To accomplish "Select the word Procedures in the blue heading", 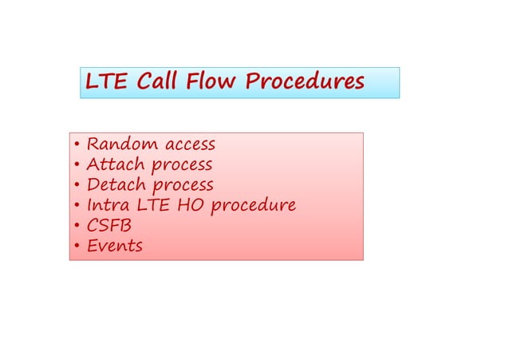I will tap(305, 82).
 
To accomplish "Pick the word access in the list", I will tap(188, 145).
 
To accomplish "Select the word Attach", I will tap(116, 165).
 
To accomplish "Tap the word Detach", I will tap(116, 185).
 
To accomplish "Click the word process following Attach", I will tap(182, 166).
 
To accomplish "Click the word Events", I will tap(114, 245).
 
